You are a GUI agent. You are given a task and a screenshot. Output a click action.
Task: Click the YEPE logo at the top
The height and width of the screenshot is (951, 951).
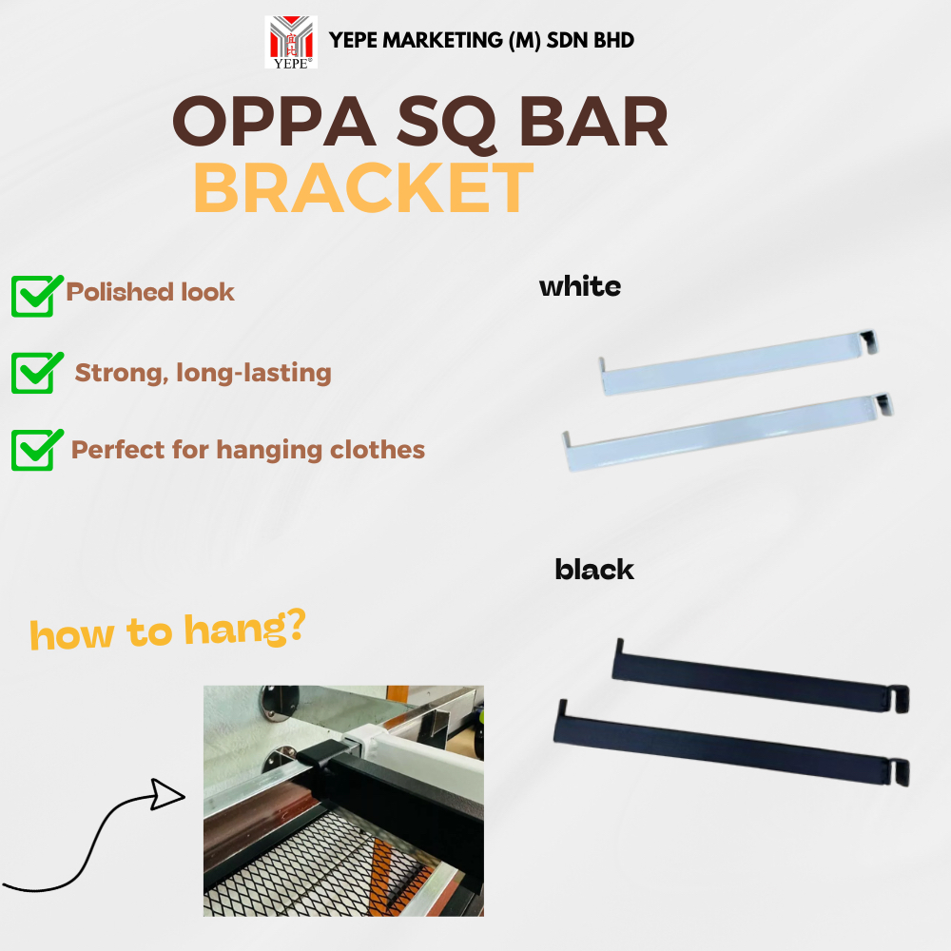tap(292, 42)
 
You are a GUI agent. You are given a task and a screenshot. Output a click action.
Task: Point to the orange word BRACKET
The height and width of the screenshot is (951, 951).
tap(362, 187)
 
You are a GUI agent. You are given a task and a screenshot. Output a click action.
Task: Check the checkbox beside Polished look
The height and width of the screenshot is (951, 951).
tap(32, 295)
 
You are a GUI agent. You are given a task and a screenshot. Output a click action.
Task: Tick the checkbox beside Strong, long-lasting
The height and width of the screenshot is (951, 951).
tap(32, 372)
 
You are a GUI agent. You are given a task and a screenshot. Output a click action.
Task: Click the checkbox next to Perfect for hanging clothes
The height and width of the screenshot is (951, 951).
tap(32, 450)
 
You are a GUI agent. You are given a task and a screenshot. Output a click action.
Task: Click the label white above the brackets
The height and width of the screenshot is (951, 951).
tap(579, 285)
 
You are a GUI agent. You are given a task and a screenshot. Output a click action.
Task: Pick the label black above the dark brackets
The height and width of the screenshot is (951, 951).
tap(594, 570)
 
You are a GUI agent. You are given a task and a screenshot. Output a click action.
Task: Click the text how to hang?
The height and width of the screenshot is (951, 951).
tap(166, 630)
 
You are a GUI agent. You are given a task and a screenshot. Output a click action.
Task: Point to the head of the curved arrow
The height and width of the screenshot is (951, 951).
tap(171, 792)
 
